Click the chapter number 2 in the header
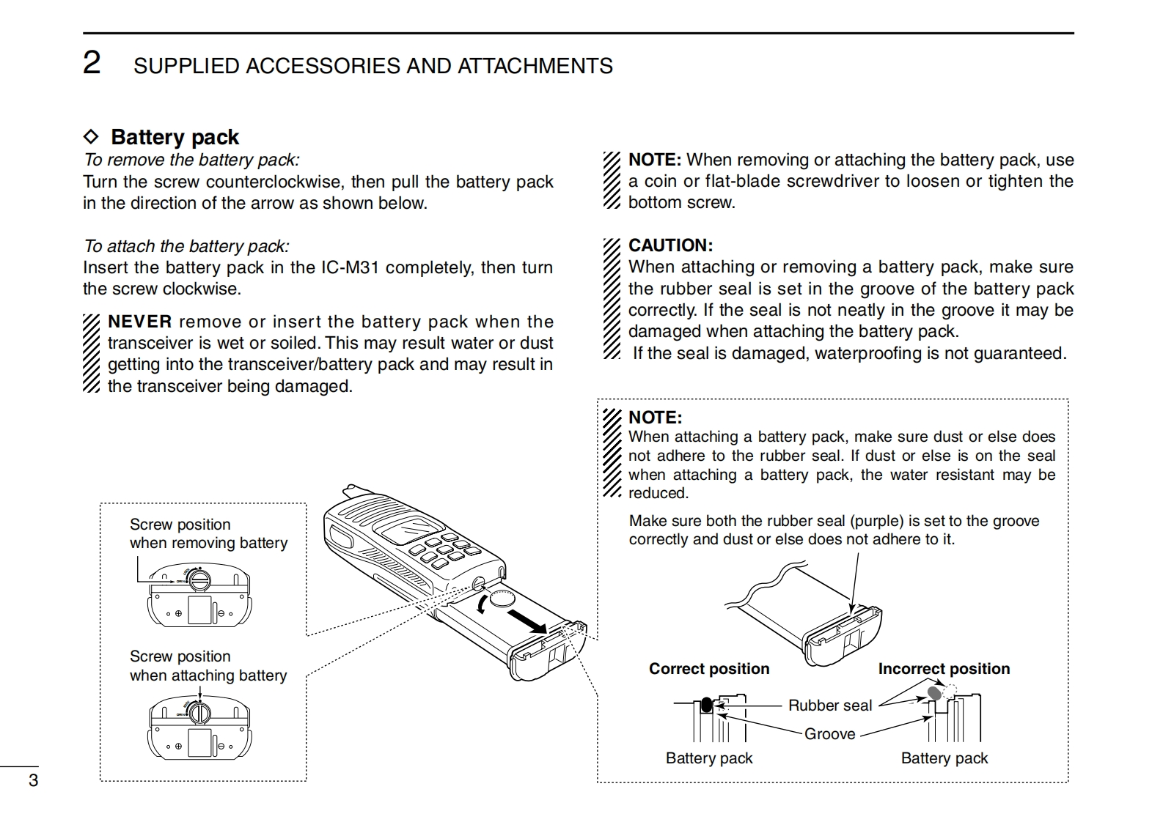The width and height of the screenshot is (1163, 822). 92,63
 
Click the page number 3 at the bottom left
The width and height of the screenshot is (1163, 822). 33,780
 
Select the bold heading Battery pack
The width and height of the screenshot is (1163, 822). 175,137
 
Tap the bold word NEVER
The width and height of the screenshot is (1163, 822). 140,322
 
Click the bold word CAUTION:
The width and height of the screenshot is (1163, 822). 670,245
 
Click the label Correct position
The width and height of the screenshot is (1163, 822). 709,669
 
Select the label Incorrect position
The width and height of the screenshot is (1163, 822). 944,669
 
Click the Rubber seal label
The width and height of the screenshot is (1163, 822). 830,706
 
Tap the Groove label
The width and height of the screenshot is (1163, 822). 829,734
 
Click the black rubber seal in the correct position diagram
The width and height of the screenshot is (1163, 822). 706,705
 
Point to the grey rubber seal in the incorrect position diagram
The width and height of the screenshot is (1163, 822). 934,692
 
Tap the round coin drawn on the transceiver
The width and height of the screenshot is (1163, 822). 503,599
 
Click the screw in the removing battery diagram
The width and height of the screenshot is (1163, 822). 199,580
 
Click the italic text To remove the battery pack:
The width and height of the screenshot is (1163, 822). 191,160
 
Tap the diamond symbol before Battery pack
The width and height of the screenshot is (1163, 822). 91,137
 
